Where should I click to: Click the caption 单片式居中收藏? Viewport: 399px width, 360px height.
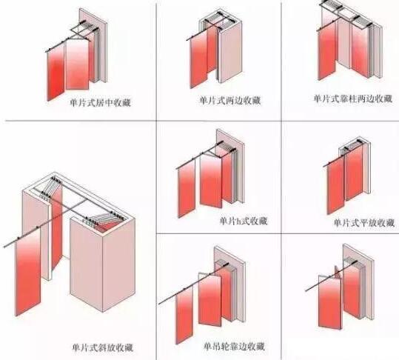(101, 102)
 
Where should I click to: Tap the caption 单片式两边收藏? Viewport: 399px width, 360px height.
(230, 101)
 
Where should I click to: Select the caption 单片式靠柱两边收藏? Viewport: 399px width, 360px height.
(352, 99)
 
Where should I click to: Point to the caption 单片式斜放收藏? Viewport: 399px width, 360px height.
(103, 347)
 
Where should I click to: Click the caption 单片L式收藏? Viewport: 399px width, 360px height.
(244, 221)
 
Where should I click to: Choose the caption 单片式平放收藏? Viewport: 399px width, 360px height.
(364, 223)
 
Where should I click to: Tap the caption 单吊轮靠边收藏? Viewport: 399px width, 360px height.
(235, 347)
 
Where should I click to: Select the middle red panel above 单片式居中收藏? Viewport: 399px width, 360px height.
(77, 64)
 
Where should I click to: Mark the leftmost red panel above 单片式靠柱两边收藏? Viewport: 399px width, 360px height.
(327, 53)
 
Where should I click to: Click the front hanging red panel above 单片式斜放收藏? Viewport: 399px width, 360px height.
(28, 271)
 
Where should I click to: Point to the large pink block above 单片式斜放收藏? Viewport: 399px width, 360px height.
(102, 264)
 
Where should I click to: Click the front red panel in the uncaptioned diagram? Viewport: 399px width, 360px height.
(330, 301)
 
